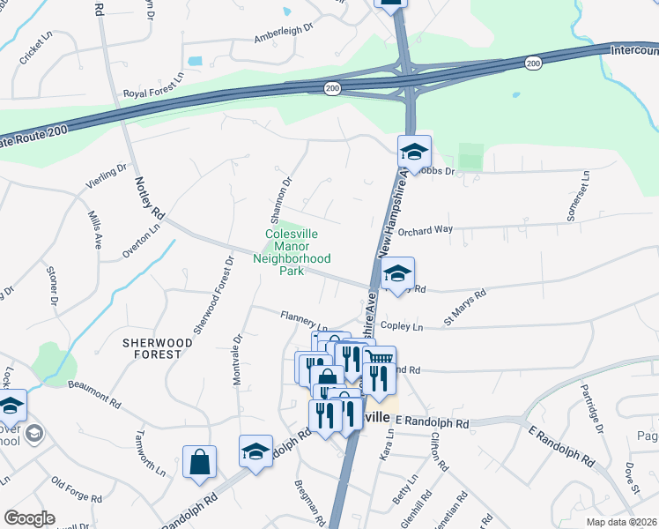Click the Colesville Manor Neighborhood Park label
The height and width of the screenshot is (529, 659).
pyautogui.click(x=292, y=252)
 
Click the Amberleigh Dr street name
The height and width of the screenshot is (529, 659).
pyautogui.click(x=284, y=34)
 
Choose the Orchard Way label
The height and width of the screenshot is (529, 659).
pyautogui.click(x=425, y=230)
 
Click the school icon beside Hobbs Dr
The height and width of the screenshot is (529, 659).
pyautogui.click(x=413, y=152)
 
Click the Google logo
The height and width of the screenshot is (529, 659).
pyautogui.click(x=29, y=518)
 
